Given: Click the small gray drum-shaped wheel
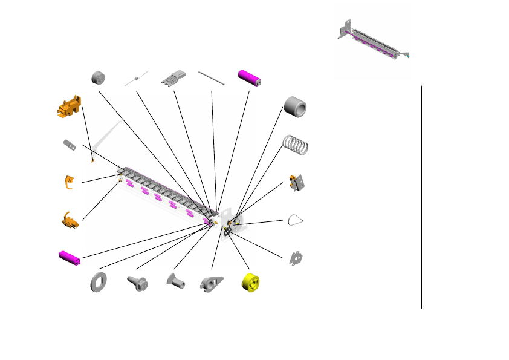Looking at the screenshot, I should (97, 77).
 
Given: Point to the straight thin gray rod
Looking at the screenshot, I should (212, 77).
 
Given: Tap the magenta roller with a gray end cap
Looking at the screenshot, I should (250, 77).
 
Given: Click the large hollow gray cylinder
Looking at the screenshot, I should (295, 107).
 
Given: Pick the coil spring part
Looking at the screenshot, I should (296, 145).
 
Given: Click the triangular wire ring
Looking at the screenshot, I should (296, 220).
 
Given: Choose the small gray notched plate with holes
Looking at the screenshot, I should (296, 258).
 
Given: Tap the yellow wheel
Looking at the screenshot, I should (250, 282).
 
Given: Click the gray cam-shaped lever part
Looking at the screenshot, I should (212, 283).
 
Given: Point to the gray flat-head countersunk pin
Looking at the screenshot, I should (174, 280).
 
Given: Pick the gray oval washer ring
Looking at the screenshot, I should (98, 282).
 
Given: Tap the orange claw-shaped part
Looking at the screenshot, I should (70, 220).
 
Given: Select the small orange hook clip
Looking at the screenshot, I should (70, 182).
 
